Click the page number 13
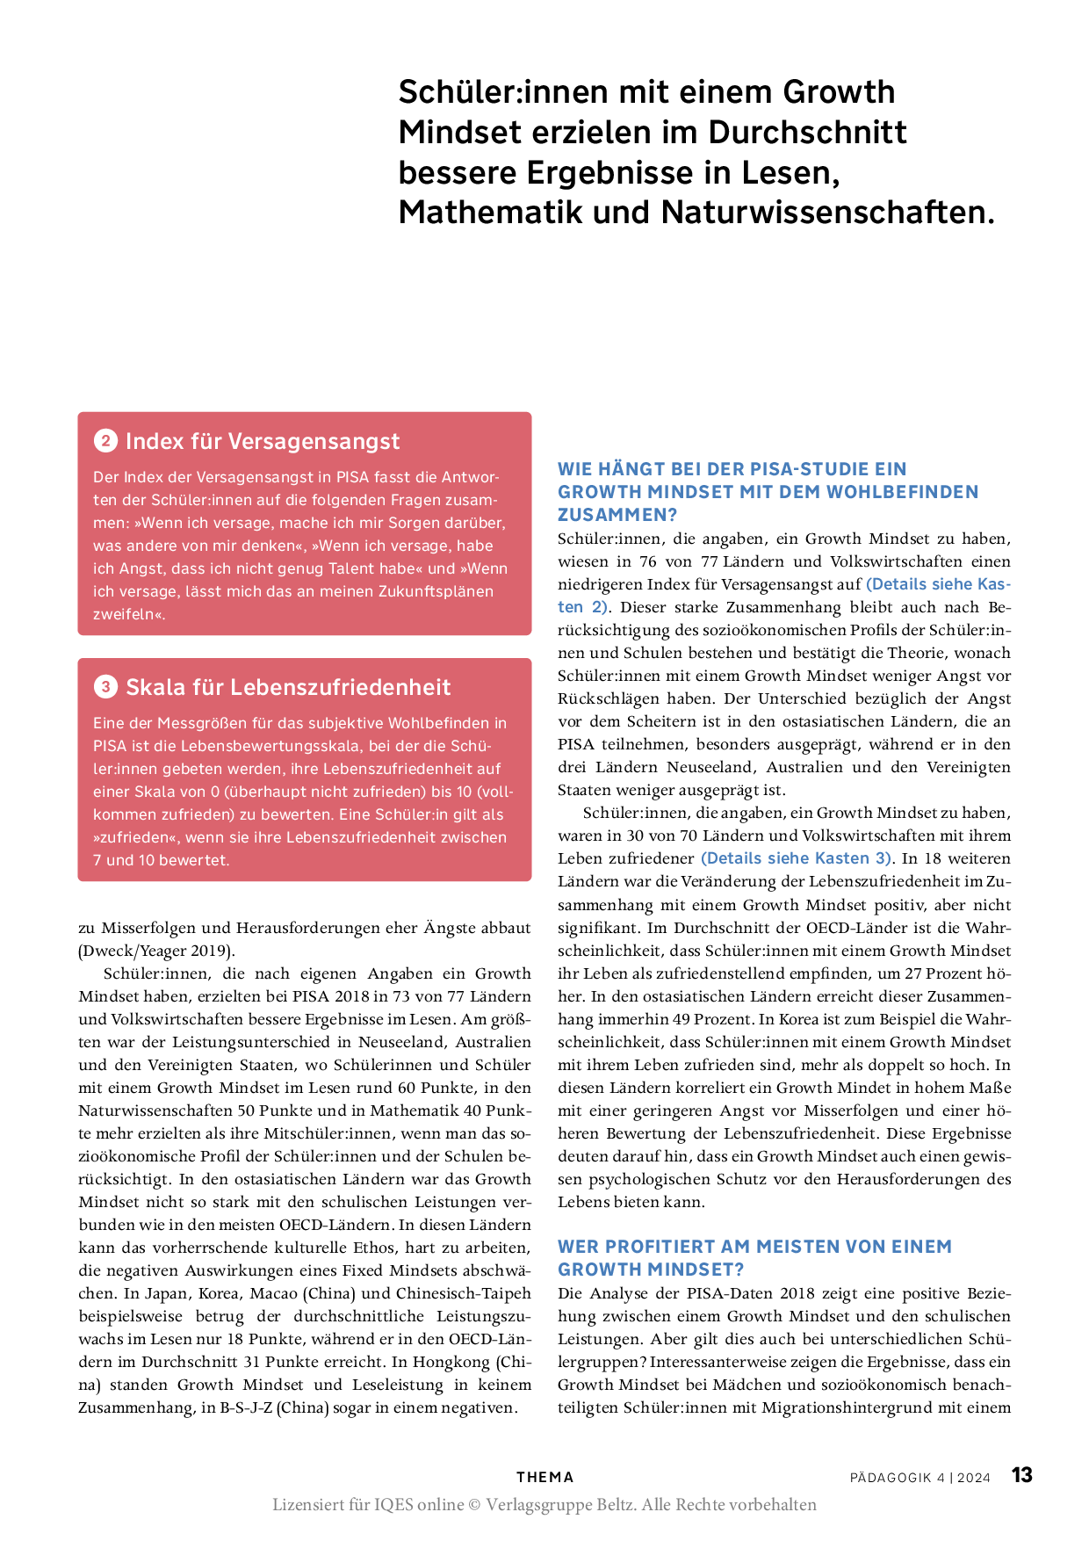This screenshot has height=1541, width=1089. click(1021, 1475)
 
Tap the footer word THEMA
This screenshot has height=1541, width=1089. click(544, 1478)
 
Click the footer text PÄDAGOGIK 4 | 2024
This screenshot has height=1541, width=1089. click(920, 1478)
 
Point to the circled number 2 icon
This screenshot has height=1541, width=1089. click(105, 441)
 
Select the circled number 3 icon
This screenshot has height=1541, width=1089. click(105, 687)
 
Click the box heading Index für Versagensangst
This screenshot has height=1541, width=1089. click(263, 441)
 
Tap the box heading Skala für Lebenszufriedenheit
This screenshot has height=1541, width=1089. click(288, 687)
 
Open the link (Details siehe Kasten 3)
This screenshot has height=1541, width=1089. click(796, 858)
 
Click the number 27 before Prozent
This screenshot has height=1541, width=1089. click(913, 973)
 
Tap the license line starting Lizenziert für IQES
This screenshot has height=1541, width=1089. click(544, 1504)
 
